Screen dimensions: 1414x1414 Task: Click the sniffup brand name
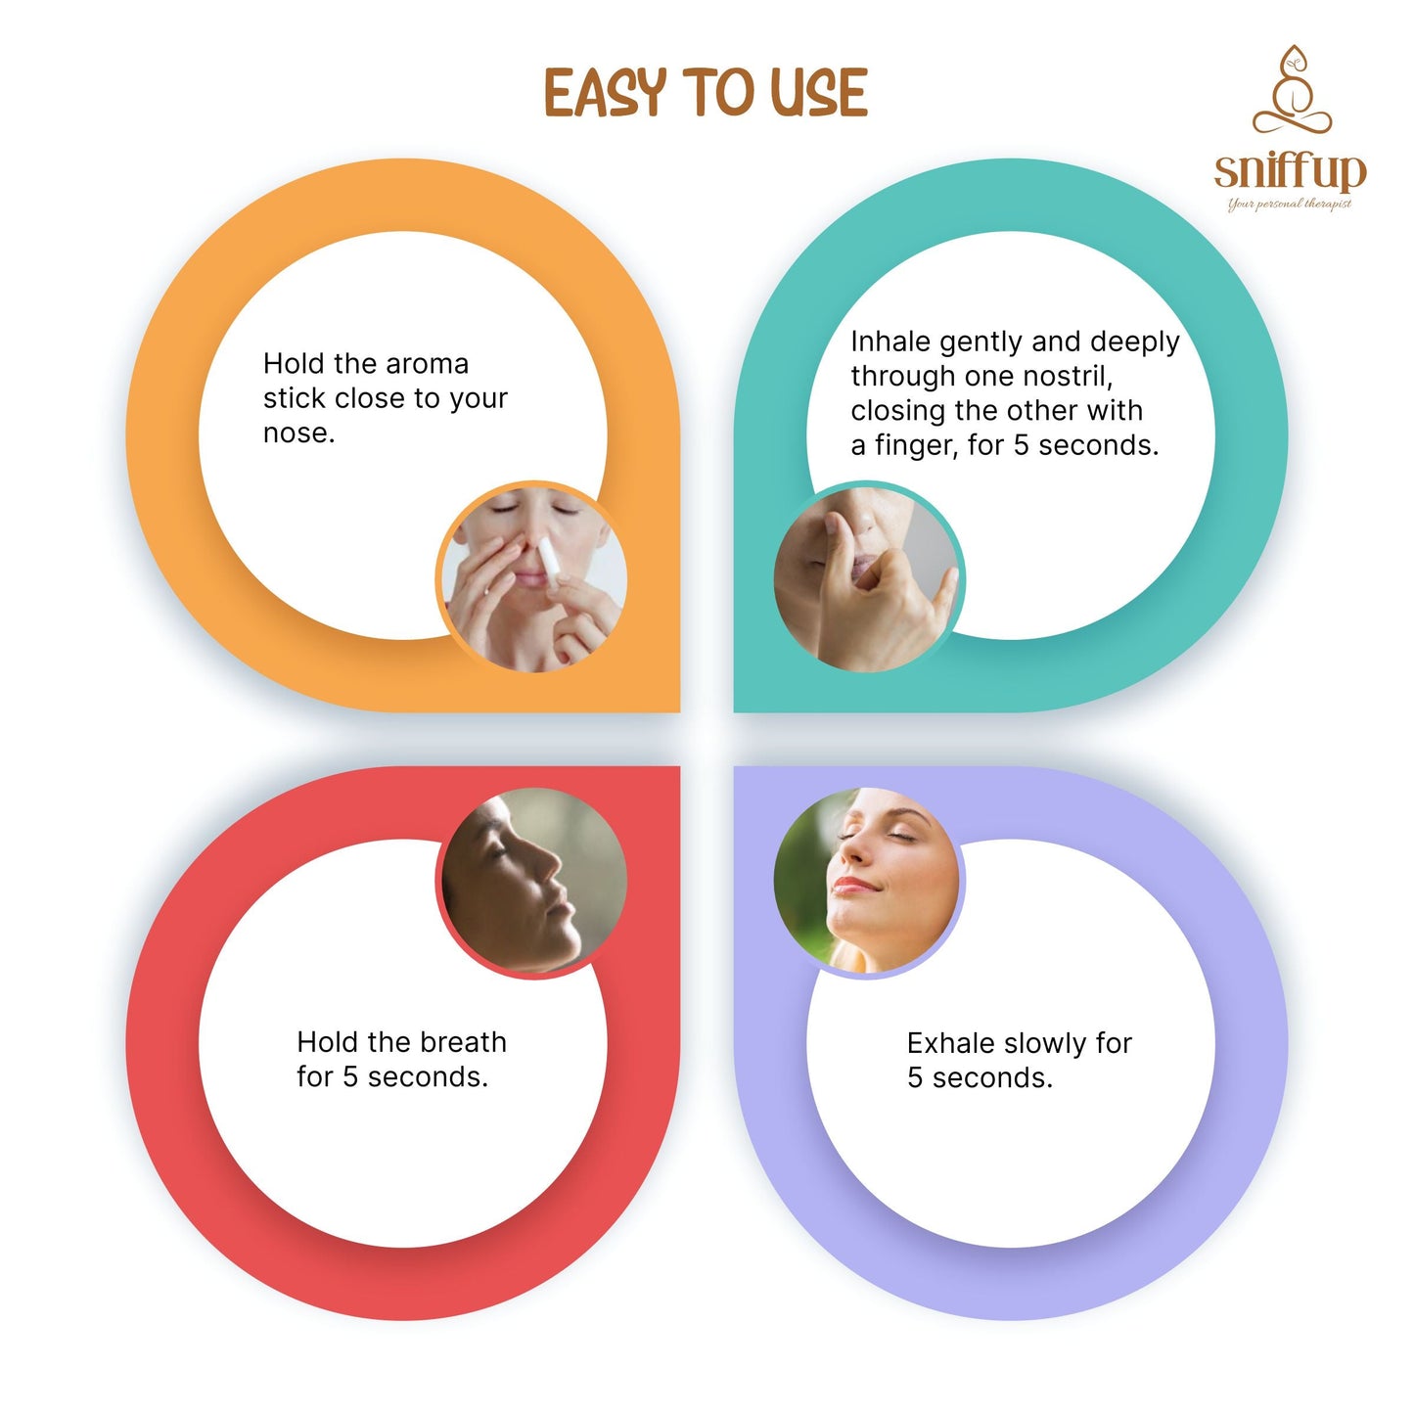(1290, 171)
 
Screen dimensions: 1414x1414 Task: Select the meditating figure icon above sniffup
(1292, 89)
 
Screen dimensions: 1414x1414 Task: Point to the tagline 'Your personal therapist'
(1290, 204)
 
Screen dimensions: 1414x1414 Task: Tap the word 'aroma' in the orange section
(427, 364)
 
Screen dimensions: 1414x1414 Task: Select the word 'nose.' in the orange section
(298, 433)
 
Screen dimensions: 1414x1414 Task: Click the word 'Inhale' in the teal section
(890, 342)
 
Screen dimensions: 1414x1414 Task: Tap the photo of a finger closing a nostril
(867, 576)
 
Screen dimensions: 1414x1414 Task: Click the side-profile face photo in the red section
(534, 881)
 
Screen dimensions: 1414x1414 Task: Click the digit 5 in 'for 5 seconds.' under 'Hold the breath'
(350, 1077)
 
